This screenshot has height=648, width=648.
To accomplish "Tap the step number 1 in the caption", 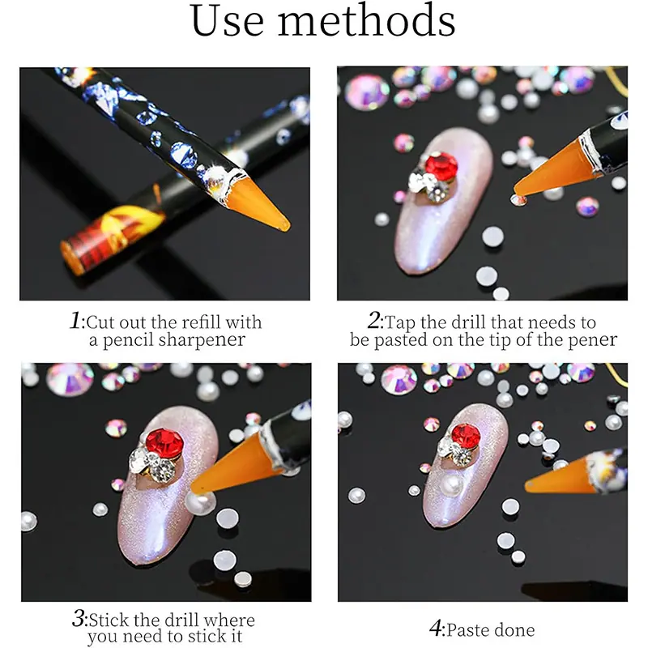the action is (x=75, y=320).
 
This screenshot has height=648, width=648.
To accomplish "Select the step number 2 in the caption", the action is (x=374, y=320).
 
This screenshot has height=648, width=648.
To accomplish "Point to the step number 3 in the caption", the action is (x=79, y=618).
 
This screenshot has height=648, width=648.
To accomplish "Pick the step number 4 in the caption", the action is (x=436, y=629).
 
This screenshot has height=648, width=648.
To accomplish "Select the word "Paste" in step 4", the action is (x=468, y=630).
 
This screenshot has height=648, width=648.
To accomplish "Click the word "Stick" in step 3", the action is (x=109, y=620).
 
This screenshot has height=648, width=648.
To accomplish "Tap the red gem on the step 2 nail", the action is (x=441, y=165).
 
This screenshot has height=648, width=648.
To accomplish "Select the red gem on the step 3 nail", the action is (x=164, y=442).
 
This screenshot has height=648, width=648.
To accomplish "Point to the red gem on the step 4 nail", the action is (x=466, y=437).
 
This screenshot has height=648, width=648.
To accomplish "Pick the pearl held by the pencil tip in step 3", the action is (x=199, y=502).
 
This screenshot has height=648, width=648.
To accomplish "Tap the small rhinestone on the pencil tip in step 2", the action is (x=518, y=200).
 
